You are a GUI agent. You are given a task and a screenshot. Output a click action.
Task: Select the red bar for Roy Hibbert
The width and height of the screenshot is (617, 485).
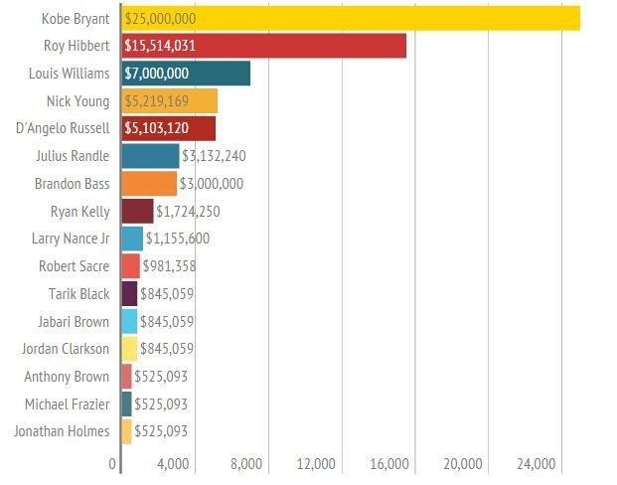263,46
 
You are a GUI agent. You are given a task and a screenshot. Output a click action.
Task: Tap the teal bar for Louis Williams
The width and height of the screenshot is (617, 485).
186,74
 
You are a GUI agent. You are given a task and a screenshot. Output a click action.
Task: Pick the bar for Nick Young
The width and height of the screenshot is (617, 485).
169,100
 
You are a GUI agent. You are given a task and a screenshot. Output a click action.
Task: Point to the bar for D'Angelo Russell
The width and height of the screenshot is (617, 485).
168,128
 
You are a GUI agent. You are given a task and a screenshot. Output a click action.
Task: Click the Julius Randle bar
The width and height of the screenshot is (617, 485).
150,156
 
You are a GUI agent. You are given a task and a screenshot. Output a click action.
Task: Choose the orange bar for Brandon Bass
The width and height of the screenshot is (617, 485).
149,184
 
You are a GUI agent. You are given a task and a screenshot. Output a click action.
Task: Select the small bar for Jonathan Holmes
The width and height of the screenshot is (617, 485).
126,431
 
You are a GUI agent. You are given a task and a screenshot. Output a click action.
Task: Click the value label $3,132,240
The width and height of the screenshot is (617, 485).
214,156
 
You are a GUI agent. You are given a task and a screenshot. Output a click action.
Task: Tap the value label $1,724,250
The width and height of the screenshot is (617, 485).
188,212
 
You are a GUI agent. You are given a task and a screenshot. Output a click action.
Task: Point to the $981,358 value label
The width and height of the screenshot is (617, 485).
169,266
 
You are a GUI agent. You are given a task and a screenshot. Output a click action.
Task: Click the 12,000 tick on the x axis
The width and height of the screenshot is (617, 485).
316,464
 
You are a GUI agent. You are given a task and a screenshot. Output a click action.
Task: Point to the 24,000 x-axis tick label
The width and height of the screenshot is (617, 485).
537,464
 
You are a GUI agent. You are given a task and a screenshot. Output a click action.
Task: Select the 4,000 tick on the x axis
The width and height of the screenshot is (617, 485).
173,464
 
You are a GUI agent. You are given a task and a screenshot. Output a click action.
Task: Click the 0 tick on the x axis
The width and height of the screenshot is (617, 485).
112,464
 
